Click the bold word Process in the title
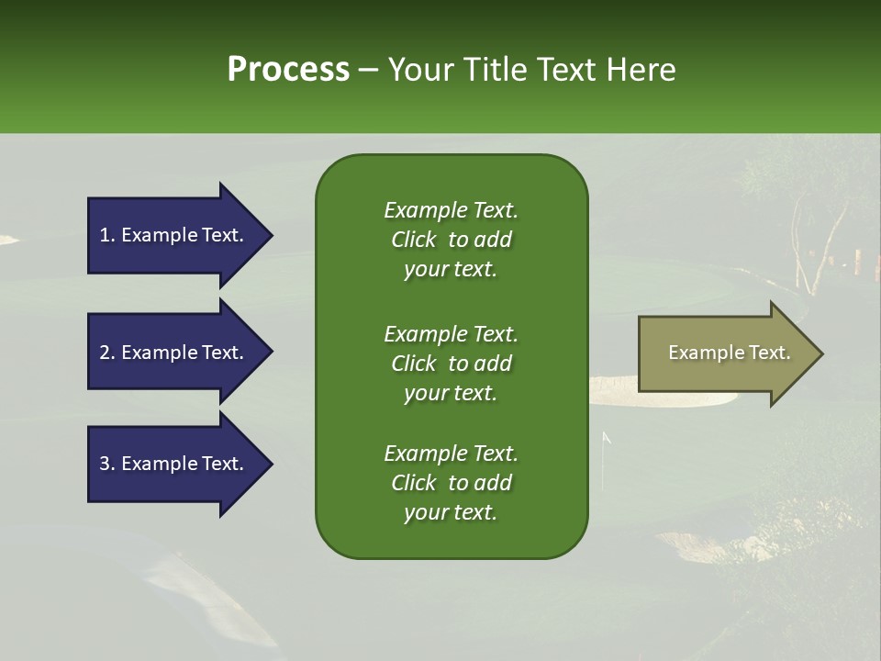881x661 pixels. click(x=288, y=70)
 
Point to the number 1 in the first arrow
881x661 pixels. click(x=105, y=235)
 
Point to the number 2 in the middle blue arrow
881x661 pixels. click(x=105, y=353)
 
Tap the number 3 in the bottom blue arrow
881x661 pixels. click(x=105, y=464)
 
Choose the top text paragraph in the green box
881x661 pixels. click(x=451, y=240)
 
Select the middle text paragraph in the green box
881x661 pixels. click(x=451, y=364)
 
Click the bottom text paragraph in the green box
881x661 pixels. click(x=451, y=483)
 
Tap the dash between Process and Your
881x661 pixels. click(x=368, y=71)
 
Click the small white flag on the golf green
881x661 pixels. click(x=606, y=439)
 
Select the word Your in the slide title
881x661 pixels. click(x=418, y=70)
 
